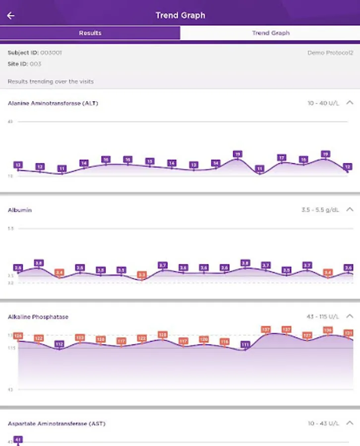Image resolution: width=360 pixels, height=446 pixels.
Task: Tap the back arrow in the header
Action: (x=11, y=15)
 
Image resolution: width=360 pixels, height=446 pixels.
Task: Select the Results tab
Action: (x=90, y=33)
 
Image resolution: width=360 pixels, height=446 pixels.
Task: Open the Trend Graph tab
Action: (x=270, y=33)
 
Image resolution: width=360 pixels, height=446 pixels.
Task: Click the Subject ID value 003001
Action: (x=51, y=53)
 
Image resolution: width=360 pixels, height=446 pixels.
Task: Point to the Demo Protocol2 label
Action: (x=330, y=53)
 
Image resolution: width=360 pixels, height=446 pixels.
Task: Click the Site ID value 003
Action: (x=35, y=64)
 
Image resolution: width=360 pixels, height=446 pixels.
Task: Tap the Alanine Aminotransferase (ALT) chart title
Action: (x=53, y=104)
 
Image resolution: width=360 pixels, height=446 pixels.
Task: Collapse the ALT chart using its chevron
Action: (x=350, y=103)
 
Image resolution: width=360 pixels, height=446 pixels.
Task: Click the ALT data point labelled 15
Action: (x=150, y=162)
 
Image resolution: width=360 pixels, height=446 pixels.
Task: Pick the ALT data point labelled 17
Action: (x=281, y=158)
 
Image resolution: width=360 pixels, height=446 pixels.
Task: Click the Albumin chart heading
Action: (x=20, y=210)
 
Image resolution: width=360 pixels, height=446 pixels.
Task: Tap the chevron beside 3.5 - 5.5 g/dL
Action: (x=350, y=210)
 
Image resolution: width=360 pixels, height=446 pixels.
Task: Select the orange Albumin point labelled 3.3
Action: (x=142, y=275)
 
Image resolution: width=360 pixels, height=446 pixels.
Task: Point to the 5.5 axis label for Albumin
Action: (x=11, y=228)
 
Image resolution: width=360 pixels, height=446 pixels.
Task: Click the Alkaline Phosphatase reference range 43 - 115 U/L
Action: (x=323, y=317)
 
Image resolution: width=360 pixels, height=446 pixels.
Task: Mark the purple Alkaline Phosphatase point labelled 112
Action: (x=60, y=344)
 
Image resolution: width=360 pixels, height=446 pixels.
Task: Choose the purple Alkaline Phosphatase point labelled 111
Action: (x=245, y=344)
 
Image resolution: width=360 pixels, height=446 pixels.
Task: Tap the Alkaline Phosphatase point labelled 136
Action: (x=328, y=330)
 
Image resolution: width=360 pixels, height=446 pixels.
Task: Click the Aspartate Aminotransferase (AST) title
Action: (x=57, y=424)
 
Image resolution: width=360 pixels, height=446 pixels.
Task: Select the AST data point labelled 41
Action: (x=18, y=440)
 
